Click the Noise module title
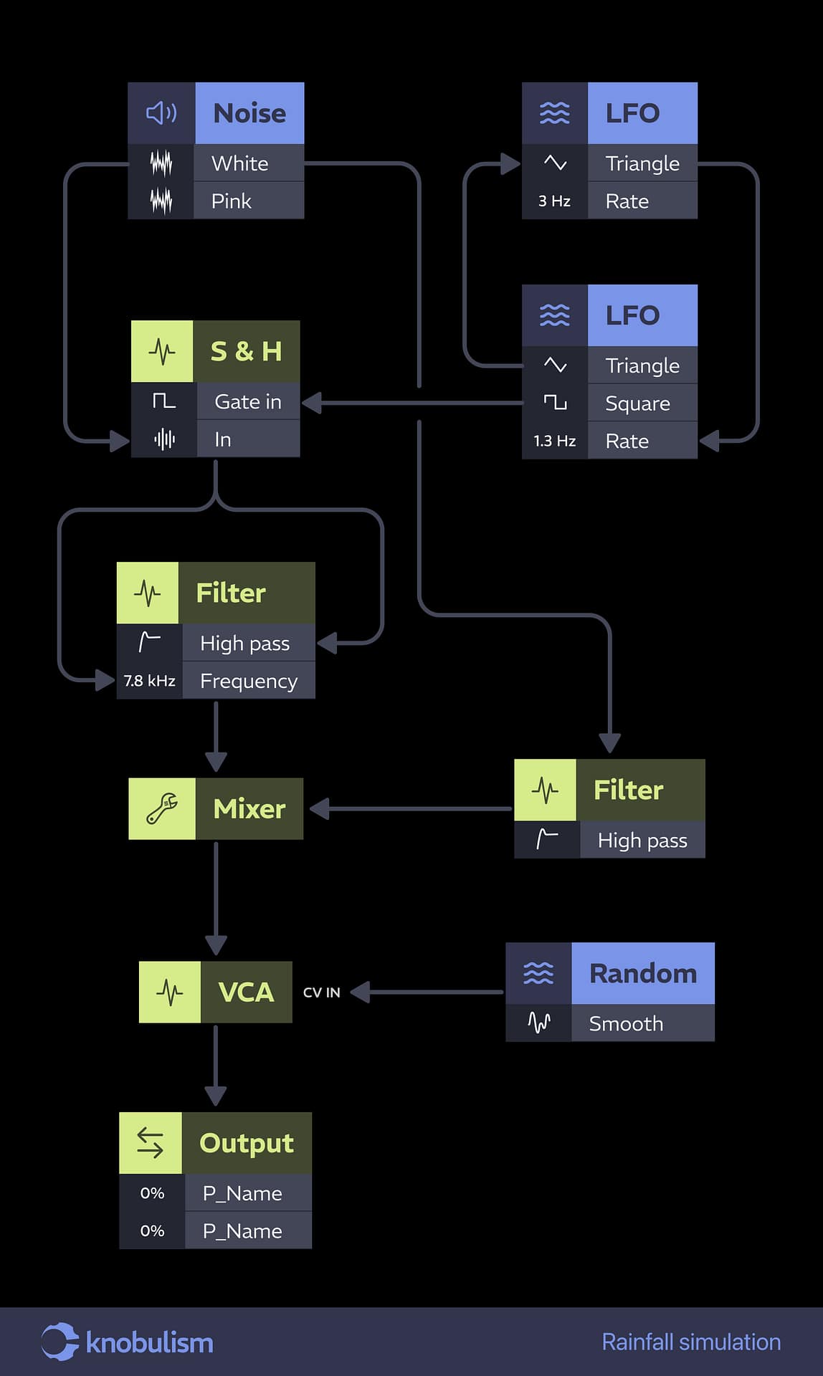click(x=249, y=113)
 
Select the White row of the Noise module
click(x=240, y=163)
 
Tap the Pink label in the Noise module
click(x=232, y=201)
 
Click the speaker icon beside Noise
click(x=161, y=113)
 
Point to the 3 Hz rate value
click(x=554, y=201)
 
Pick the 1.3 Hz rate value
click(x=554, y=441)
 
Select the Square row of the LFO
click(x=637, y=403)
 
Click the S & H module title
click(x=246, y=351)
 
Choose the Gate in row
click(x=247, y=402)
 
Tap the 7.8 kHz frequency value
click(x=149, y=681)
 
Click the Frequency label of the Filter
click(x=248, y=681)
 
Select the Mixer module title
click(x=249, y=809)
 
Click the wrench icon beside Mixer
click(x=162, y=809)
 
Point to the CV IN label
click(x=321, y=993)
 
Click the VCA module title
click(x=246, y=993)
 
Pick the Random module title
click(x=642, y=974)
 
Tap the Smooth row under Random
click(x=626, y=1023)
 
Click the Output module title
click(x=247, y=1144)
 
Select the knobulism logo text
click(x=149, y=1342)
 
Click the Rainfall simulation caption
click(x=691, y=1342)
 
